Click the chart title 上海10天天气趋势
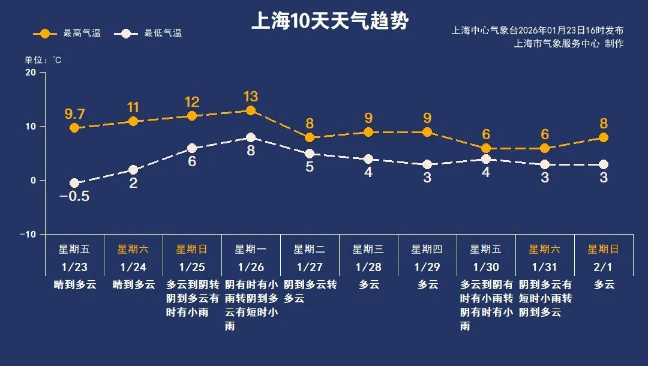tap(329, 22)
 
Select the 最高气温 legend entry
tap(67, 34)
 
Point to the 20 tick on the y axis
tap(30, 73)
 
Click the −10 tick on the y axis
tap(28, 234)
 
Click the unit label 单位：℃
tap(43, 60)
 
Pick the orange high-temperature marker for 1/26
tap(251, 110)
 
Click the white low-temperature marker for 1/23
tap(74, 183)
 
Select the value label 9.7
tap(74, 113)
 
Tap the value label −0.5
tap(74, 197)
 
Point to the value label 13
tap(251, 96)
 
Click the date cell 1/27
tap(310, 267)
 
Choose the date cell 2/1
tap(604, 267)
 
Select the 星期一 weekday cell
tap(251, 249)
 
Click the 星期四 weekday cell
tap(427, 249)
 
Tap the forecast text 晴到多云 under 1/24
tap(133, 285)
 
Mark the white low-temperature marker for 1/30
tap(486, 159)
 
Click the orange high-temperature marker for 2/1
tap(604, 137)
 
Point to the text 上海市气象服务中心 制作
tap(569, 44)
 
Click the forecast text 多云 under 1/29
tap(427, 285)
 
